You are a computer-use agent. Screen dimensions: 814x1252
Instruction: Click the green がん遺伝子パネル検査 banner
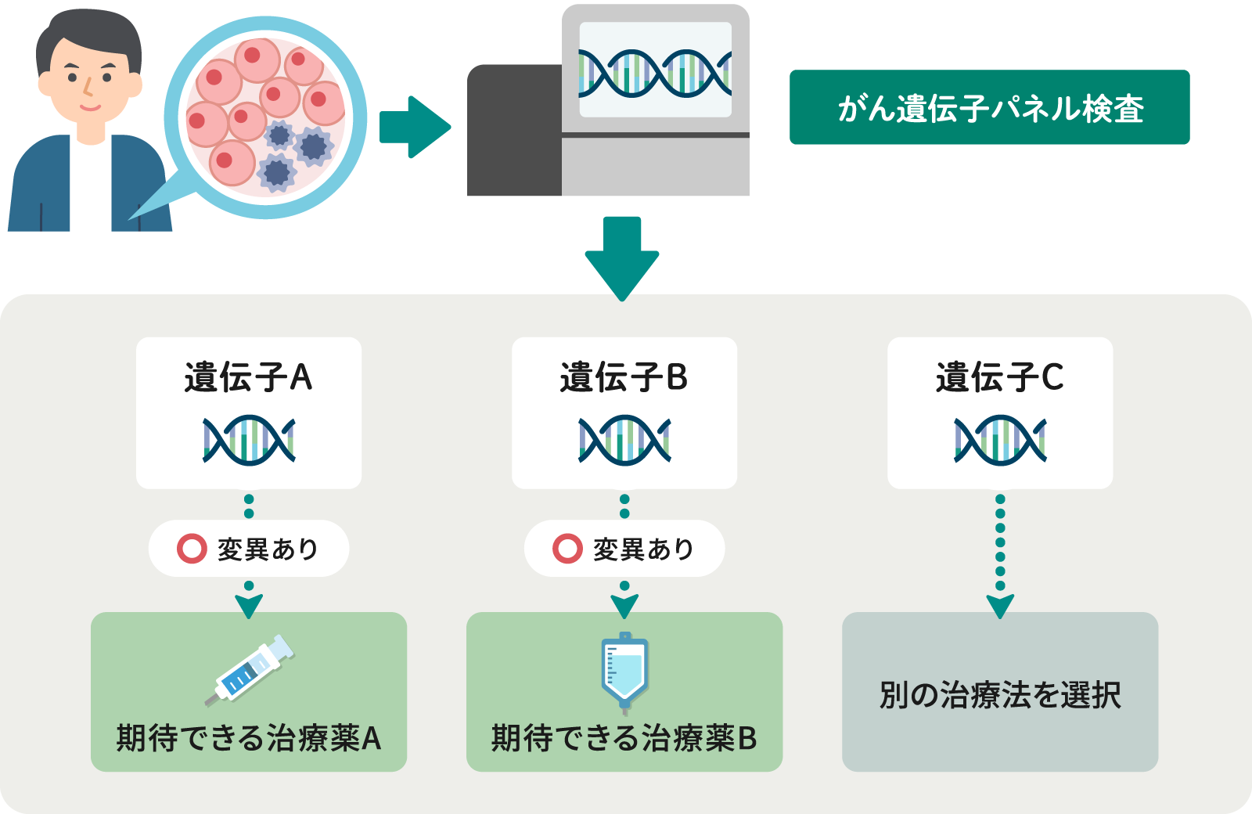989,107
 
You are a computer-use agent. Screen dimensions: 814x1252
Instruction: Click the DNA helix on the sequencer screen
655,74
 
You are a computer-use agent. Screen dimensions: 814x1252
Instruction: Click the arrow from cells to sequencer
413,127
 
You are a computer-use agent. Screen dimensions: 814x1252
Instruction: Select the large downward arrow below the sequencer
622,258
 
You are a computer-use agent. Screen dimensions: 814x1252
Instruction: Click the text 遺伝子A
248,377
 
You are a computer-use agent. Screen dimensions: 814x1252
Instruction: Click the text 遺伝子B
624,377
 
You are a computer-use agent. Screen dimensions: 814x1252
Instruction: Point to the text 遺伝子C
999,377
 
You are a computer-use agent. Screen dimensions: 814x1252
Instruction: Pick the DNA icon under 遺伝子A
249,440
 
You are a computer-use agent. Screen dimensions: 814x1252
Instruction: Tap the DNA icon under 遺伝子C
1000,440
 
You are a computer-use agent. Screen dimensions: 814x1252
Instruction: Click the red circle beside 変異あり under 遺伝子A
192,549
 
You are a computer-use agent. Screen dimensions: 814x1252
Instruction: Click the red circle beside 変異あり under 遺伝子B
567,549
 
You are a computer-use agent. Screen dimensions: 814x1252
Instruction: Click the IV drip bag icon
624,670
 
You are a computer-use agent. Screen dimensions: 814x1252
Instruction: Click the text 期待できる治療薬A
248,738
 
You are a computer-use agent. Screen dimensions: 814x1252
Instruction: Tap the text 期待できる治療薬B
624,738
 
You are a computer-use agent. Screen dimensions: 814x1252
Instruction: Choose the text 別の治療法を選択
1000,695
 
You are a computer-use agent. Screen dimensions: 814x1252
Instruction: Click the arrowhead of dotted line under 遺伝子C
1000,606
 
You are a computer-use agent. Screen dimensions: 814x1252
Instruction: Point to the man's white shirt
91,188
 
